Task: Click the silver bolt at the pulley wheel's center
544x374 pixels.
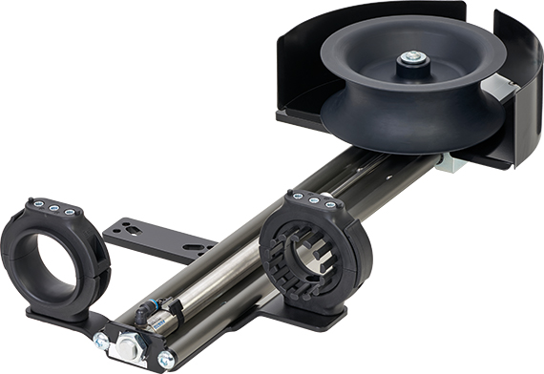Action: click(x=412, y=58)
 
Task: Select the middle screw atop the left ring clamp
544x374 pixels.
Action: click(x=52, y=208)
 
